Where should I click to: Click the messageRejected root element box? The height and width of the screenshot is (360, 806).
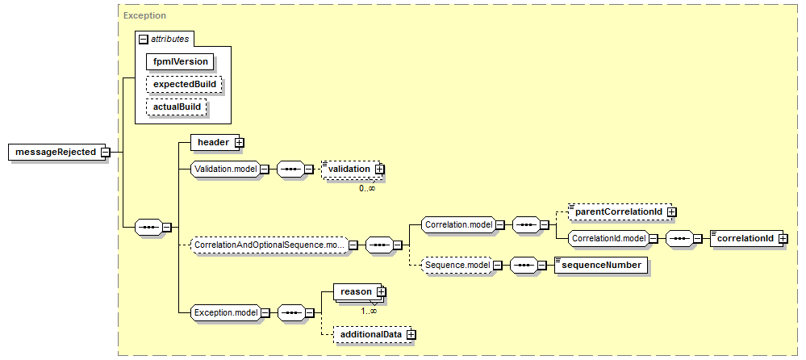[x=56, y=153]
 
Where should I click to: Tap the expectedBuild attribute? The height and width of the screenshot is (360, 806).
[x=184, y=84]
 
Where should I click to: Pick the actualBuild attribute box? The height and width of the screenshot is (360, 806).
[x=177, y=107]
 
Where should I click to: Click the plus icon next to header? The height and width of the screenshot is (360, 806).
[x=239, y=143]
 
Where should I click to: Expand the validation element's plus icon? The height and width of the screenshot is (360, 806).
[x=379, y=169]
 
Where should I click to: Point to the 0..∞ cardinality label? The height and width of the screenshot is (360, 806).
[x=367, y=188]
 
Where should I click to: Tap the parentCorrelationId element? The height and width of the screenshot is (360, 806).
[x=620, y=211]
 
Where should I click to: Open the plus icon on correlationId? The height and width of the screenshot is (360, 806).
[x=783, y=239]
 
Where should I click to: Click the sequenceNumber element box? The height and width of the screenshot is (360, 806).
[x=601, y=266]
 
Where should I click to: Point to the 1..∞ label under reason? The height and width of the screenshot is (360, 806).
[x=369, y=311]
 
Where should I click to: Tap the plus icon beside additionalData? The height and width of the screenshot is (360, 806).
[x=411, y=334]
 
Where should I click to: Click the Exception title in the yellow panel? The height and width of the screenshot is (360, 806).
[x=145, y=15]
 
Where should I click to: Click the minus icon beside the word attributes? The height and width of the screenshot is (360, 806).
[x=144, y=39]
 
